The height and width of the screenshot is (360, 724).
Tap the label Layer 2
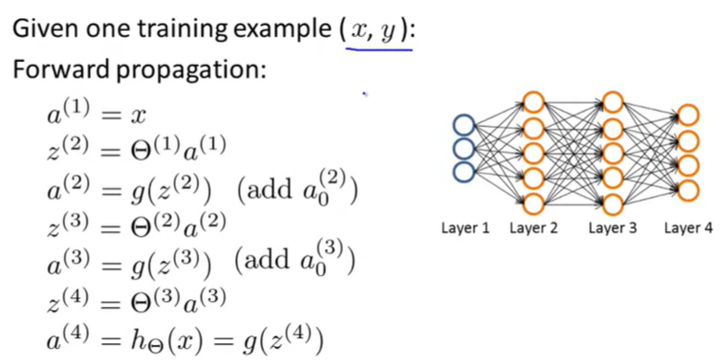tap(533, 228)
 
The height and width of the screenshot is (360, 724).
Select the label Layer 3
tap(613, 228)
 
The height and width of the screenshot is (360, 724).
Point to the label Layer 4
tap(688, 228)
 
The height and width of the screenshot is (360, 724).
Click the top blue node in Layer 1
tap(463, 125)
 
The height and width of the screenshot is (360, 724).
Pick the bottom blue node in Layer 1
tap(463, 169)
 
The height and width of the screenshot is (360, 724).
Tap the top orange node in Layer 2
tap(533, 102)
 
